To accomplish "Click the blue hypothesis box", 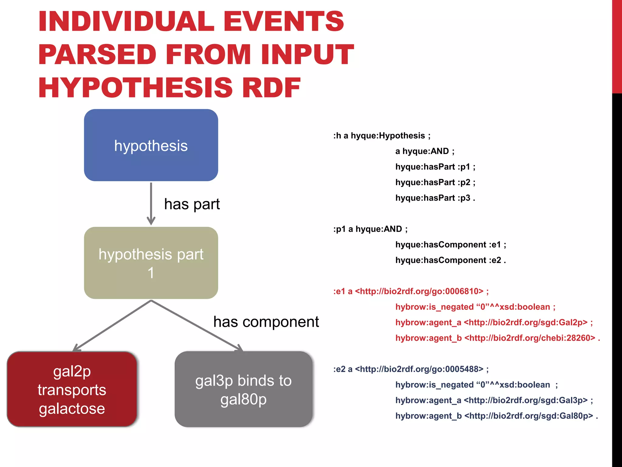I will point(151,145).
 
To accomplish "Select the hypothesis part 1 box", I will point(151,263).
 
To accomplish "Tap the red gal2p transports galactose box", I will point(72,389).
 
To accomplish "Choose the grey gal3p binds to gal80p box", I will point(243,389).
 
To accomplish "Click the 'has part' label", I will point(192,204).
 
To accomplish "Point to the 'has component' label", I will point(266,322).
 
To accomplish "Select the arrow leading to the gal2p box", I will point(112,326).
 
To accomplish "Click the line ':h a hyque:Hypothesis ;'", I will point(382,136).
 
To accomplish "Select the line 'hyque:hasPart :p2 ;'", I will point(435,182).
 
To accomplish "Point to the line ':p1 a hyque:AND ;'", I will point(370,229).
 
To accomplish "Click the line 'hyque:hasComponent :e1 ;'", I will point(450,245).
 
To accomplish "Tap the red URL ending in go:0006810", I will point(419,291).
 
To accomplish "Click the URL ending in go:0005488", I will point(419,369).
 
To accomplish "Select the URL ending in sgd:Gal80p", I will point(529,416).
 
